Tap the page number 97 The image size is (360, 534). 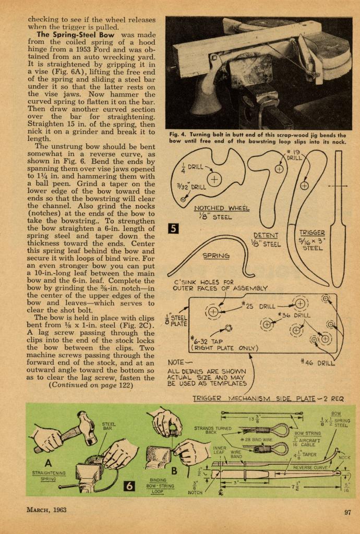pyautogui.click(x=347, y=512)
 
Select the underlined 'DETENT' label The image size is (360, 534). pyautogui.click(x=266, y=236)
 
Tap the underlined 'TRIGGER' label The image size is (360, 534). pyautogui.click(x=313, y=233)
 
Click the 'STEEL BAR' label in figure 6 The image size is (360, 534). pyautogui.click(x=109, y=427)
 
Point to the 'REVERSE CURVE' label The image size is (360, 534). pyautogui.click(x=309, y=467)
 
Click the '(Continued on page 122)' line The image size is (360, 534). pyautogui.click(x=87, y=385)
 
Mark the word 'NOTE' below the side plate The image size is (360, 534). pyautogui.click(x=178, y=362)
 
